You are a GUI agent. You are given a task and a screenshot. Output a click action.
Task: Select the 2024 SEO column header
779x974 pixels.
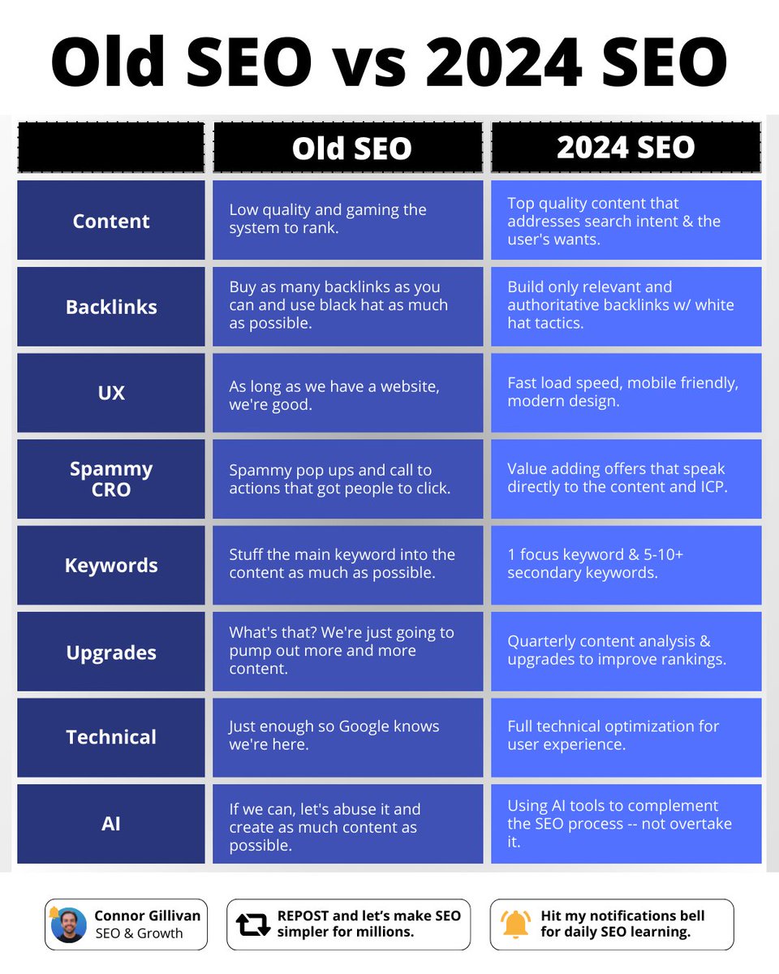(x=626, y=147)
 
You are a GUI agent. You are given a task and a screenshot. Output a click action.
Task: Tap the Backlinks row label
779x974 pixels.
(x=111, y=307)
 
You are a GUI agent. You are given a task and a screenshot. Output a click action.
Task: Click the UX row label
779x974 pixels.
(x=111, y=393)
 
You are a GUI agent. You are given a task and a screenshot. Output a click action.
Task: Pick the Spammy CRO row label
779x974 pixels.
(x=111, y=479)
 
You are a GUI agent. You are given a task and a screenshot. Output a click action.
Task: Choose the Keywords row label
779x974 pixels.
(x=111, y=565)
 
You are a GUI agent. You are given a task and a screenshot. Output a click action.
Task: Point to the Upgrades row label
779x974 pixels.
(x=111, y=652)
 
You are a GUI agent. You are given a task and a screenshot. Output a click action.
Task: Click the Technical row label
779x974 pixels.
(x=111, y=737)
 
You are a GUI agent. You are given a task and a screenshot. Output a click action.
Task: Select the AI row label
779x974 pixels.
(x=111, y=823)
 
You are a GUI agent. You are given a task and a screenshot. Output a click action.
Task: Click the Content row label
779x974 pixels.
(x=111, y=221)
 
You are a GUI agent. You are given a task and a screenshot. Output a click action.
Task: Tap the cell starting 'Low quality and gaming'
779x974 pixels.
(x=347, y=220)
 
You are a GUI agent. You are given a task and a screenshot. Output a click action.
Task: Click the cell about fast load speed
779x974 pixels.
(x=626, y=393)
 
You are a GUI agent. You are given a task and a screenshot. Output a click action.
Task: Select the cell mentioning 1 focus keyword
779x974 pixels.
(x=626, y=565)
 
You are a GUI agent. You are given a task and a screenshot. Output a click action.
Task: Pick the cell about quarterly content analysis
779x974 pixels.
(x=626, y=651)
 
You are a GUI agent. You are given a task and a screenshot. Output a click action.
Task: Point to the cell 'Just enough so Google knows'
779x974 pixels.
(x=347, y=737)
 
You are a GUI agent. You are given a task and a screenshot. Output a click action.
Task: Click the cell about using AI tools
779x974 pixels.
(x=626, y=823)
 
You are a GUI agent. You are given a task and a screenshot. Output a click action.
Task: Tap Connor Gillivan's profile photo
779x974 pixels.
(x=69, y=924)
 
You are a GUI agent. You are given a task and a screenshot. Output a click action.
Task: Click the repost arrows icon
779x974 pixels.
(x=252, y=924)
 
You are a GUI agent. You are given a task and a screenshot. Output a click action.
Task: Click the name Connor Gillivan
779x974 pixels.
(x=147, y=916)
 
